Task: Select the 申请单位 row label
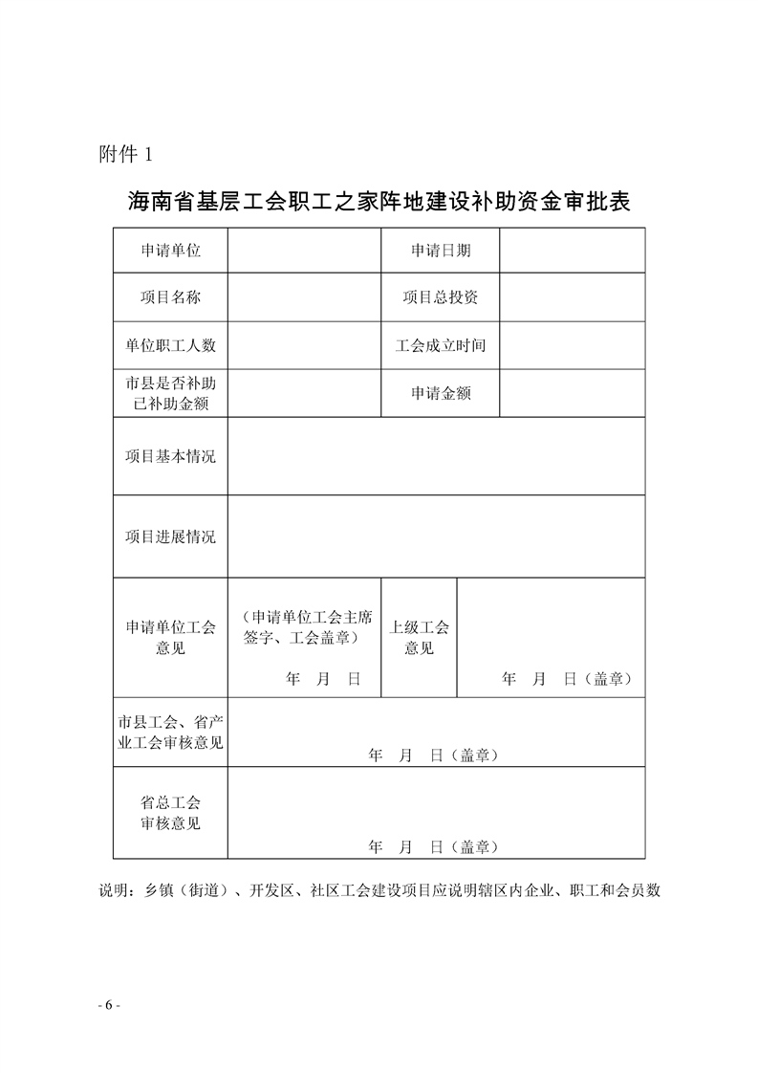[x=170, y=251]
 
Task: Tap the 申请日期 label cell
[x=441, y=251]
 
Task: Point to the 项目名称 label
[x=170, y=297]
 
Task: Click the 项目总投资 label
[x=441, y=297]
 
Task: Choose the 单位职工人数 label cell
[x=170, y=345]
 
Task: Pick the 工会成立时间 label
[x=441, y=345]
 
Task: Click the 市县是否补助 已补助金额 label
[x=170, y=393]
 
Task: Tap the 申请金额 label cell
[x=441, y=393]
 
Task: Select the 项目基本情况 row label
[x=170, y=456]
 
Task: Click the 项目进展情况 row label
[x=170, y=536]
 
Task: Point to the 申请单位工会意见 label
[x=170, y=638]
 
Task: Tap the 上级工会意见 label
[x=419, y=638]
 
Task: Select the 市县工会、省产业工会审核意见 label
[x=170, y=732]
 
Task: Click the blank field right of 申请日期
[x=572, y=251]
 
